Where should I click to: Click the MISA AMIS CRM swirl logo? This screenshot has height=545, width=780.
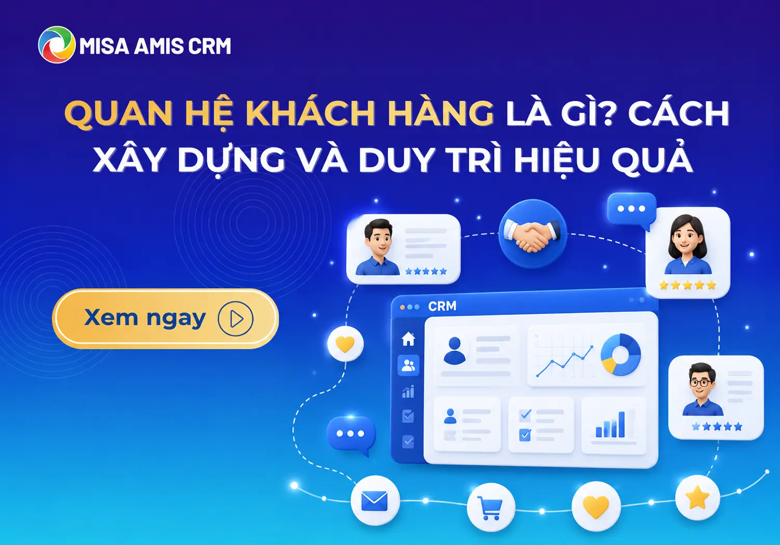(x=56, y=45)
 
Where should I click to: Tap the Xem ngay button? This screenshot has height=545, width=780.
(x=165, y=318)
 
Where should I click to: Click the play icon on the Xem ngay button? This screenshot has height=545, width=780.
(x=236, y=318)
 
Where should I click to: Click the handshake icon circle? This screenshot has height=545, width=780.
(x=533, y=233)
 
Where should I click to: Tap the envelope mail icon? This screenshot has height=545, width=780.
(x=375, y=501)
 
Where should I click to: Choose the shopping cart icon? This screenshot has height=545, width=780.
(x=490, y=507)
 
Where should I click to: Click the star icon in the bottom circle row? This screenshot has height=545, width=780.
(x=697, y=497)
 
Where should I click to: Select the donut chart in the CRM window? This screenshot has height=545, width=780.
(x=620, y=354)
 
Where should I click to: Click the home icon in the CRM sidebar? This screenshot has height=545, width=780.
(x=408, y=339)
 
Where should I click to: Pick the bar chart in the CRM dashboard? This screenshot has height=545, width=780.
(x=610, y=424)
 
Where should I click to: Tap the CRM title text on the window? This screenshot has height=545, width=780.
(x=442, y=306)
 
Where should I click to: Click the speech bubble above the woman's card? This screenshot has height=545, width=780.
(x=632, y=210)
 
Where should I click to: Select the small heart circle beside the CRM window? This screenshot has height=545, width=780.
(x=345, y=343)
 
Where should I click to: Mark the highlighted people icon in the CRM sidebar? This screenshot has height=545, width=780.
(x=408, y=365)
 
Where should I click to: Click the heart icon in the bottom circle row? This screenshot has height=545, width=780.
(x=596, y=507)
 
